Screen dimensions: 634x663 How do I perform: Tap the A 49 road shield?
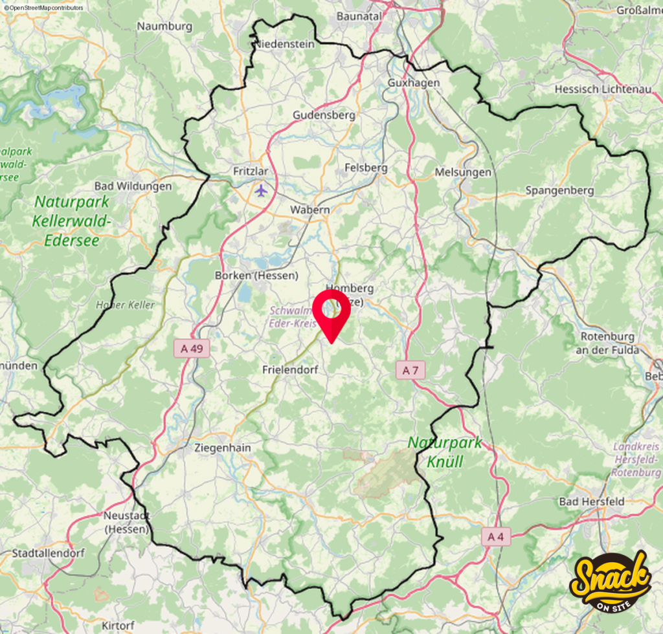point(192,349)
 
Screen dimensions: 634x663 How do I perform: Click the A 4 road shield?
point(496,536)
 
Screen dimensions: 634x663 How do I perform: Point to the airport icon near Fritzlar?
point(260,191)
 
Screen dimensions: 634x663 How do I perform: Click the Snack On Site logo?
point(609,580)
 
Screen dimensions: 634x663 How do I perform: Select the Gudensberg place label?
point(324,115)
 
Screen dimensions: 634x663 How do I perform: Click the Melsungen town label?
point(463,172)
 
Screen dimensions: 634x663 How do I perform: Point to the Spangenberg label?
point(559,190)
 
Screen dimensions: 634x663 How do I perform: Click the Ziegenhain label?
point(222,448)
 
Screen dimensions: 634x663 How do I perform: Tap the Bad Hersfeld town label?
point(592,501)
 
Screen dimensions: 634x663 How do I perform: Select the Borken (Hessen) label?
point(256,275)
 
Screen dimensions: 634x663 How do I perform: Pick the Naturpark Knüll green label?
point(445,452)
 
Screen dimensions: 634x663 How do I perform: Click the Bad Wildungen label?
point(133,186)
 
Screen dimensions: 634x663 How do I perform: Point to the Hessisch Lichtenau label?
point(603,89)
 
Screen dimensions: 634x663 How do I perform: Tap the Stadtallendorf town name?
point(44,554)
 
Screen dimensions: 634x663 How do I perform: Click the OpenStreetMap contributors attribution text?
point(43,7)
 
